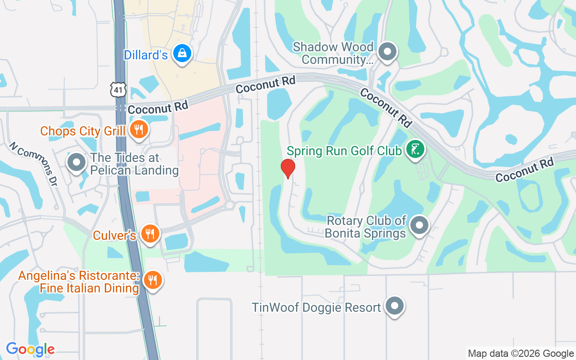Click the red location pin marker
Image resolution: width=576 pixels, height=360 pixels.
tap(288, 168)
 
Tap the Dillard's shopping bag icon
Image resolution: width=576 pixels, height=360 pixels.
tap(182, 54)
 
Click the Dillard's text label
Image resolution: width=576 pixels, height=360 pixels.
tap(145, 55)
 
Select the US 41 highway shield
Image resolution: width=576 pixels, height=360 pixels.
tap(118, 90)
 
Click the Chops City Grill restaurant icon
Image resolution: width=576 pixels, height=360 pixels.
tap(139, 130)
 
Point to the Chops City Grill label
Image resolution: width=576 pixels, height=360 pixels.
tap(83, 131)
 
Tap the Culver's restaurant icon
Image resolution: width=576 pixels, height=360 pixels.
tap(150, 234)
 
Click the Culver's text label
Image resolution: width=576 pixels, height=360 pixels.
tap(114, 235)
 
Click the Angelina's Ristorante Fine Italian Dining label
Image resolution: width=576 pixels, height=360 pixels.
tap(79, 282)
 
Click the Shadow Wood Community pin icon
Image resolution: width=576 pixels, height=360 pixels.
tap(387, 52)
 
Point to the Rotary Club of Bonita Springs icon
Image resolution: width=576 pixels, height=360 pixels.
tap(419, 226)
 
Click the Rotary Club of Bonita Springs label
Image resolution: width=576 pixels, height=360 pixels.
tap(366, 227)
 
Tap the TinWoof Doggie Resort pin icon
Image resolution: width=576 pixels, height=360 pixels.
tap(395, 306)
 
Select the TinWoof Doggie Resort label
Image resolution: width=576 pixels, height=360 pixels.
tap(316, 307)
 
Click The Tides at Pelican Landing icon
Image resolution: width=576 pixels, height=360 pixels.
tap(76, 163)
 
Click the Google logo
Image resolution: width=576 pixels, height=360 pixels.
tap(30, 349)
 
